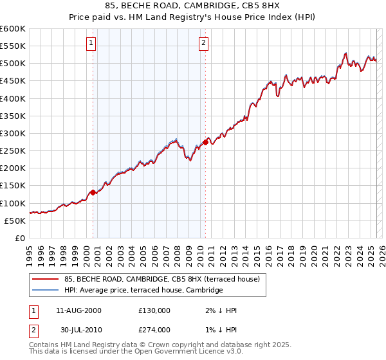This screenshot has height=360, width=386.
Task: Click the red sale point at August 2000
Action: pyautogui.click(x=93, y=192)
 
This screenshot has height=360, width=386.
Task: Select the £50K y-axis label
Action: pyautogui.click(x=15, y=221)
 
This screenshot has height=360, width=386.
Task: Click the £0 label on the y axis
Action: pyautogui.click(x=19, y=238)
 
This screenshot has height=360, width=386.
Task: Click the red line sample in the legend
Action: pyautogui.click(x=45, y=279)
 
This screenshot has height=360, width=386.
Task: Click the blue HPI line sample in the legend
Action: pyautogui.click(x=45, y=291)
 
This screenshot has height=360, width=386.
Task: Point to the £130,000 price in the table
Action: pyautogui.click(x=154, y=310)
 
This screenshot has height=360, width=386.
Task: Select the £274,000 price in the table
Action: pyautogui.click(x=154, y=330)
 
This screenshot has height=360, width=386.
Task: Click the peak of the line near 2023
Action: pyautogui.click(x=345, y=53)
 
